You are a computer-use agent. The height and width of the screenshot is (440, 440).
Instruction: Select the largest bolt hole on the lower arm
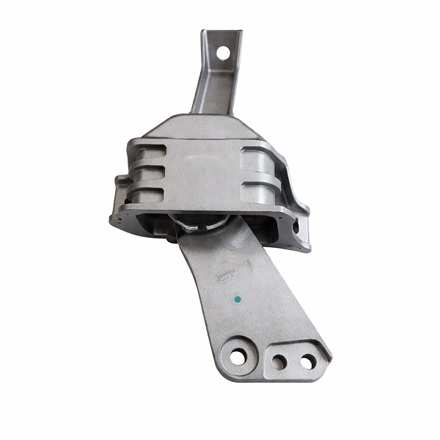(237, 356)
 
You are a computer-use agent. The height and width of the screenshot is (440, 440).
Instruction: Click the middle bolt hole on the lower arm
(279, 361)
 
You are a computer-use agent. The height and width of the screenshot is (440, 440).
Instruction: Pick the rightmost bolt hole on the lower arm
(307, 362)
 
